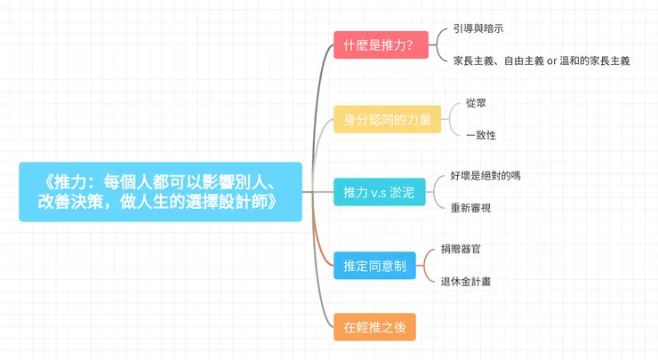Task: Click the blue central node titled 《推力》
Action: coord(160,191)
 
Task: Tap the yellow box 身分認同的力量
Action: coord(388,119)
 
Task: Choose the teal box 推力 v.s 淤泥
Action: coord(380,191)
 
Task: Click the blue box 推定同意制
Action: coord(374,265)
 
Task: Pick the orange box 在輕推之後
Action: coord(374,326)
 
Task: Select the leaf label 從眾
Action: coord(476,103)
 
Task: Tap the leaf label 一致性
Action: coord(480,135)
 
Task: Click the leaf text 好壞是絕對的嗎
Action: coord(485,175)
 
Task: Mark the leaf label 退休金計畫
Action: coord(466,281)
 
